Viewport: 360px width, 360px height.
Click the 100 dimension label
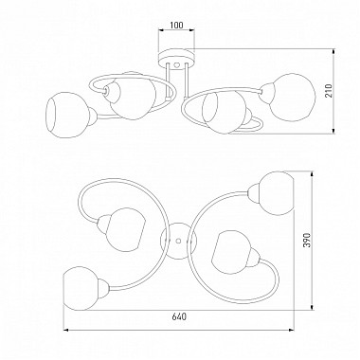(176, 25)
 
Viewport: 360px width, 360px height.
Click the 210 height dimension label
(330, 91)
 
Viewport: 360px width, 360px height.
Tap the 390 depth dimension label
(307, 240)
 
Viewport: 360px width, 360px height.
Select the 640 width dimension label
(179, 316)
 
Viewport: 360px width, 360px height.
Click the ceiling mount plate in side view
(176, 59)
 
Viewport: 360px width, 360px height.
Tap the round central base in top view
(178, 241)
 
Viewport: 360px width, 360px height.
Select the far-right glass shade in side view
(293, 97)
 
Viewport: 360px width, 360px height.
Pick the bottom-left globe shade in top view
(81, 289)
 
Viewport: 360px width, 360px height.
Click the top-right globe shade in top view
(275, 193)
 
